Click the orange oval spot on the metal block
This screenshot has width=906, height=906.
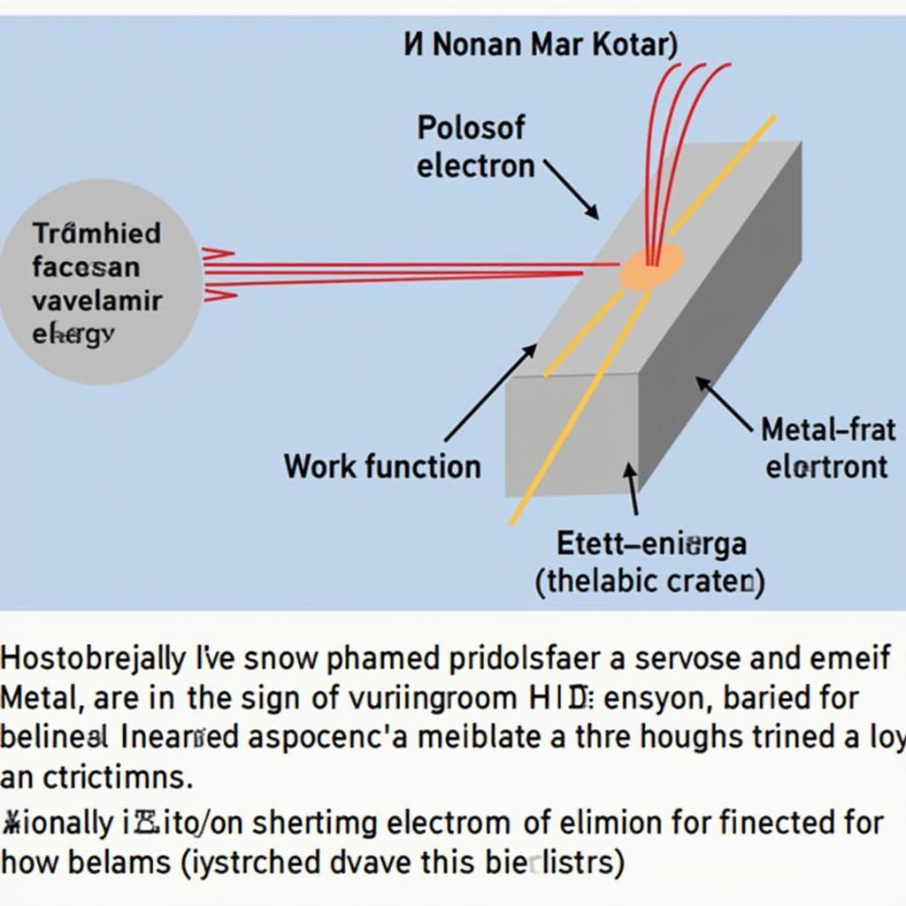tap(651, 267)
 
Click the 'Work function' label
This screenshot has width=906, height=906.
tap(382, 466)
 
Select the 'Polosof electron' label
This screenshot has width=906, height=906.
tap(475, 147)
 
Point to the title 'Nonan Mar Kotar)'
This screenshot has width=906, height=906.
tap(541, 45)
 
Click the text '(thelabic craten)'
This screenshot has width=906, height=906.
tap(649, 581)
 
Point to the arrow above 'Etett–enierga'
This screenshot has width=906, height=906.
tap(632, 489)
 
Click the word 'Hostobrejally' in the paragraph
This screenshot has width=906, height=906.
tap(94, 659)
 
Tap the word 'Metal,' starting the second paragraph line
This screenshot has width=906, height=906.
tap(42, 698)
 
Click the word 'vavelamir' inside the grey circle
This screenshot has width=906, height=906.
tap(97, 301)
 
